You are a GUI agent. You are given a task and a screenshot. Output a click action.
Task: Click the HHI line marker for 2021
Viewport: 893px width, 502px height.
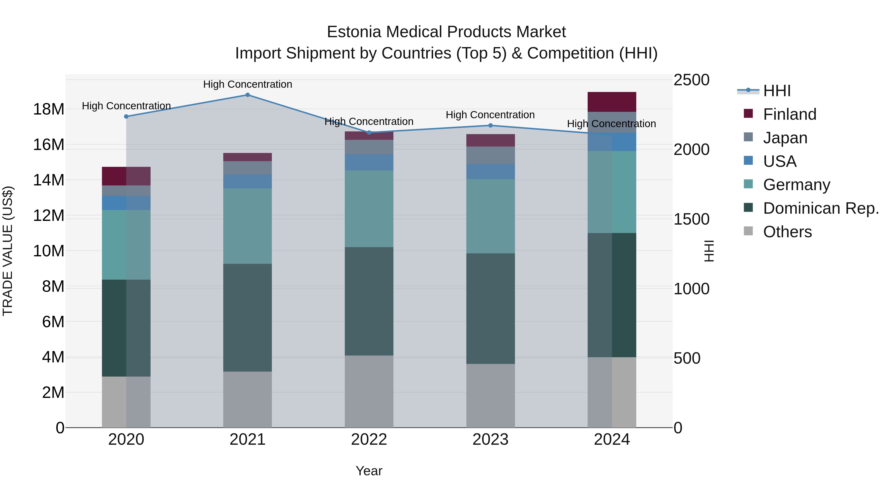[248, 95]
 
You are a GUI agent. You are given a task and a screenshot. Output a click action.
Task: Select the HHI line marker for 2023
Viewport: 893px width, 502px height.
[490, 125]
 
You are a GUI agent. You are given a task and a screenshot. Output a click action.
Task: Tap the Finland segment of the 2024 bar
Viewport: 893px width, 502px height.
[612, 102]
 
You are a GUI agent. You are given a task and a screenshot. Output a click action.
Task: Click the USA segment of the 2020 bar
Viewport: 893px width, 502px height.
[126, 203]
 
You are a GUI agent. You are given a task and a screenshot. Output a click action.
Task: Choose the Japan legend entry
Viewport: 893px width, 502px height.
[785, 138]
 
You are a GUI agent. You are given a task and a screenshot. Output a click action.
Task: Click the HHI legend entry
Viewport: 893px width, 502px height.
[776, 91]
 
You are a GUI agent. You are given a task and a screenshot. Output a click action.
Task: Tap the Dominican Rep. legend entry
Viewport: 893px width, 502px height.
[820, 208]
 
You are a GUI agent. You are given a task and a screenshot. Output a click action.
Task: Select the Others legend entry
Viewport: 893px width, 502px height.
[787, 232]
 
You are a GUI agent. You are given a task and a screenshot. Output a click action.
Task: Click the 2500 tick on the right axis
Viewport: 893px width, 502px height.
[691, 80]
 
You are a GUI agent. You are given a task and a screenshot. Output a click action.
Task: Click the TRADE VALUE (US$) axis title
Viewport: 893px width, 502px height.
[8, 251]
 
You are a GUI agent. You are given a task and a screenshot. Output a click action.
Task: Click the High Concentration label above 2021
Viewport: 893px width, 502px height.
[248, 85]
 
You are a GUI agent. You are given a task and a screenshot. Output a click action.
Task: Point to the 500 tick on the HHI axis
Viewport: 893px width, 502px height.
[687, 358]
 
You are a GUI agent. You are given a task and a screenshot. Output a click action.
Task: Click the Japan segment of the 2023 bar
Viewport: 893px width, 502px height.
[490, 155]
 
